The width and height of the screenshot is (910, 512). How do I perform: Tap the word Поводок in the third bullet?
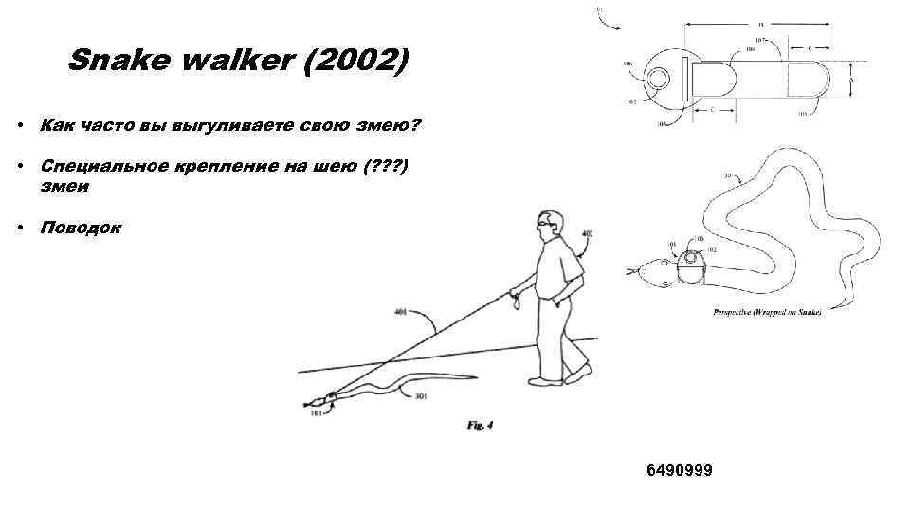81,229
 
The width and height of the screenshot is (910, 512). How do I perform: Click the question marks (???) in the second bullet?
387,167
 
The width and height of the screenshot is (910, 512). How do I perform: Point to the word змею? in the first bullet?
387,126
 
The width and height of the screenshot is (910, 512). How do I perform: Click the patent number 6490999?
680,470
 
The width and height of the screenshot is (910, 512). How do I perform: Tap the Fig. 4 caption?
481,425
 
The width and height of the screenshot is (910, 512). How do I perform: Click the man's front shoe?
544,380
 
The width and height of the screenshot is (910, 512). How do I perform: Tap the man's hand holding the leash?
513,293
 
